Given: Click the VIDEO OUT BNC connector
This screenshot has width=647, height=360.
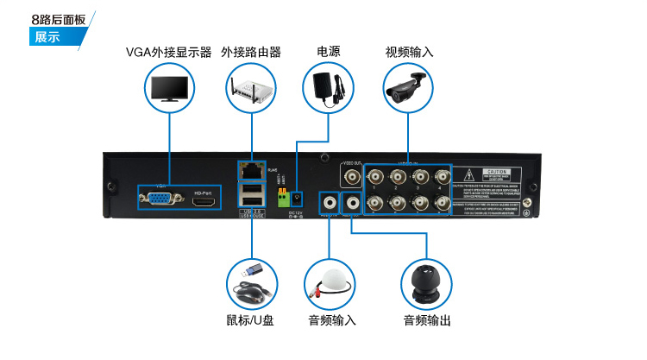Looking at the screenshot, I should [352, 178].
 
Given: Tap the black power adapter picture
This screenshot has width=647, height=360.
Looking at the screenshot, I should [329, 89].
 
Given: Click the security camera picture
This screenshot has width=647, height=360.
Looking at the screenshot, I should [408, 89].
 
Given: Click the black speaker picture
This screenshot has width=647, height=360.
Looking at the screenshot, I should [426, 282].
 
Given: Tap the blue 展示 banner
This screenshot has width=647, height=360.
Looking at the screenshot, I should [48, 37].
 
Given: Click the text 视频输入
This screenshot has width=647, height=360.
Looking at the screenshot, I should [408, 52].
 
